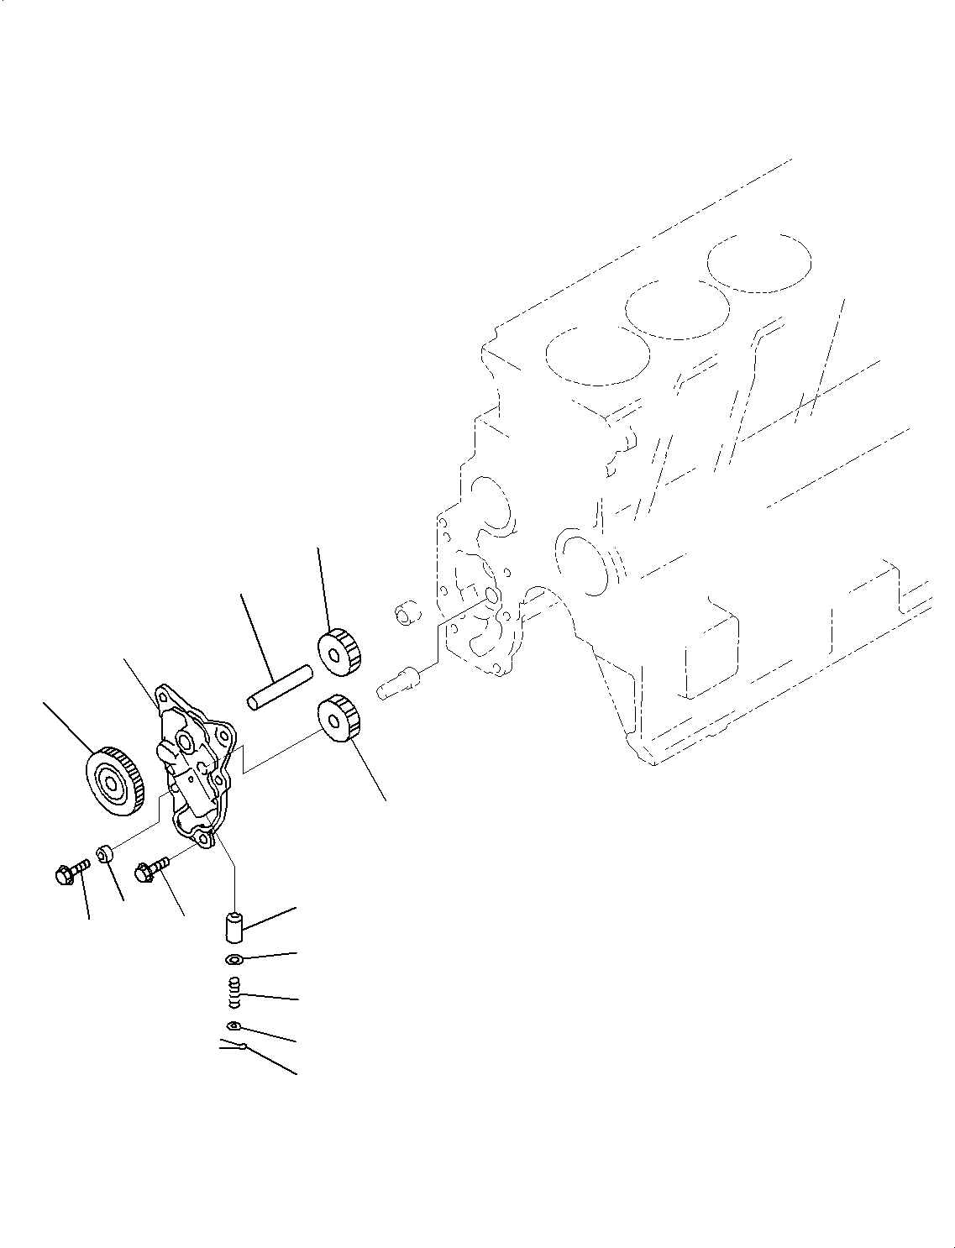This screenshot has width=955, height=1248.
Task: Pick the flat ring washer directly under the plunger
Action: tap(234, 960)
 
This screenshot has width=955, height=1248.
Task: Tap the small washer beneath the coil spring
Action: tap(234, 1025)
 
